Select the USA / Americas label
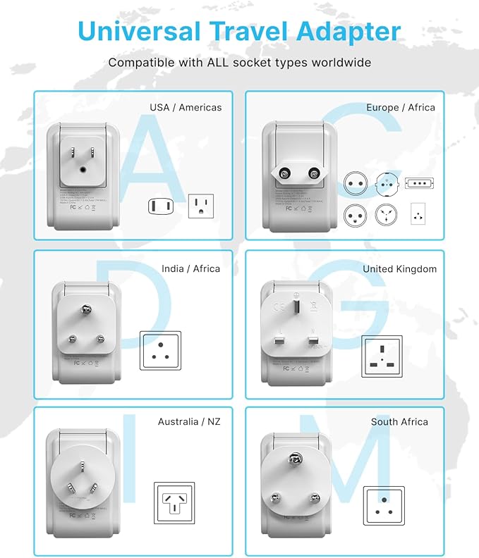186,108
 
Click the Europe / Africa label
401,108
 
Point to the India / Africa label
190,268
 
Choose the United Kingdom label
399,269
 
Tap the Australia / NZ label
189,421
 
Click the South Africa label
399,421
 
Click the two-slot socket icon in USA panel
158,206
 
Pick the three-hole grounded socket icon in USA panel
200,206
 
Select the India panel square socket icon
160,350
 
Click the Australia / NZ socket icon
174,502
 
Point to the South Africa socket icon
384,505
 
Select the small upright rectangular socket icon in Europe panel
418,213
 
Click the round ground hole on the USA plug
85,169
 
